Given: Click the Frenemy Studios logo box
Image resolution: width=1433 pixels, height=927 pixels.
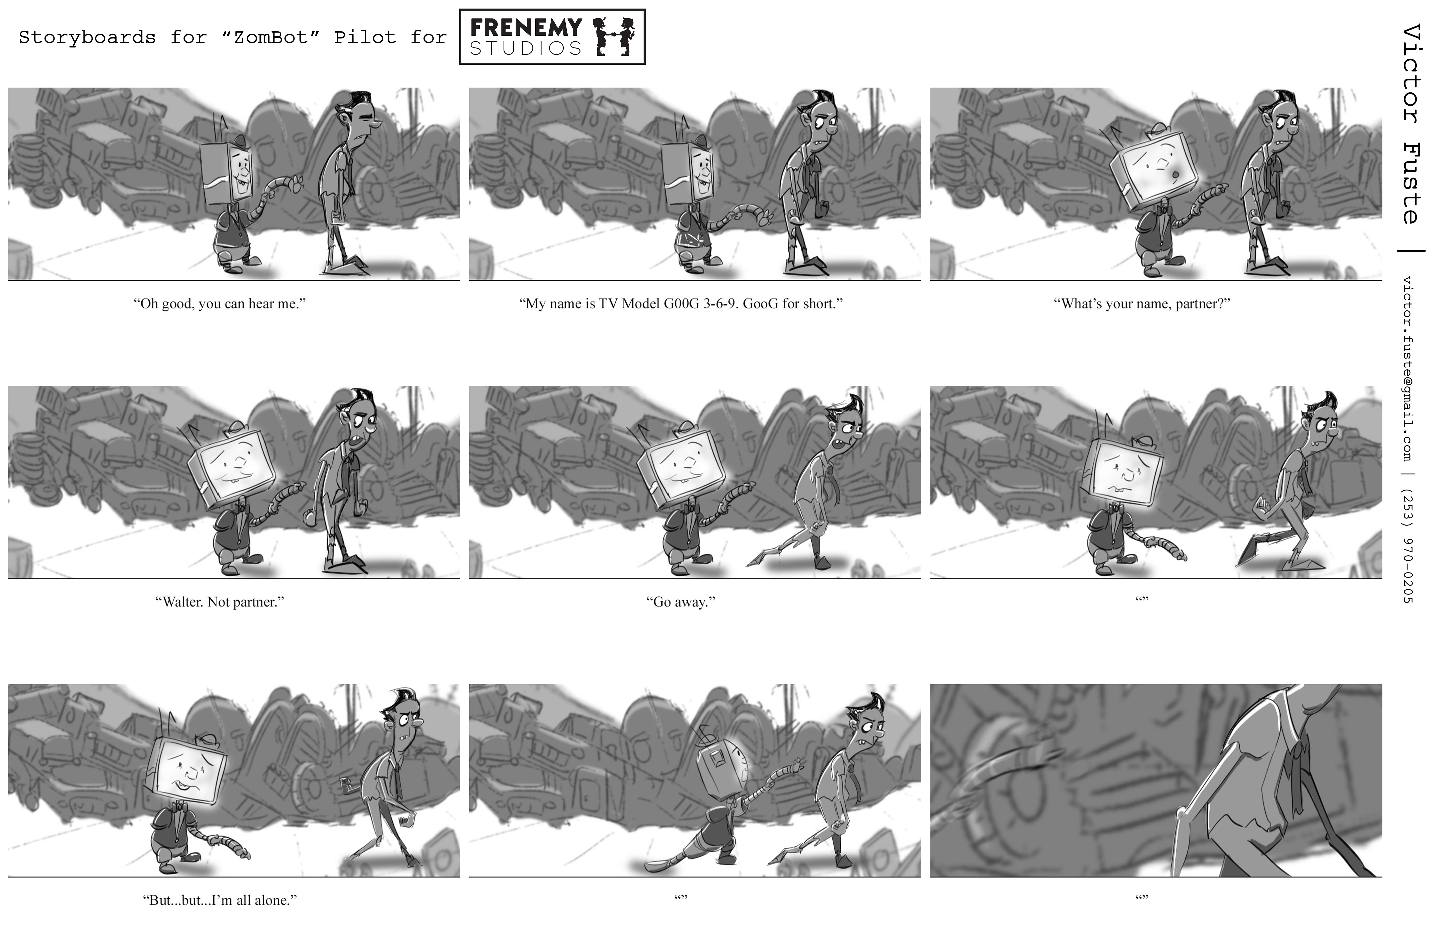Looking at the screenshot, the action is [552, 37].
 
